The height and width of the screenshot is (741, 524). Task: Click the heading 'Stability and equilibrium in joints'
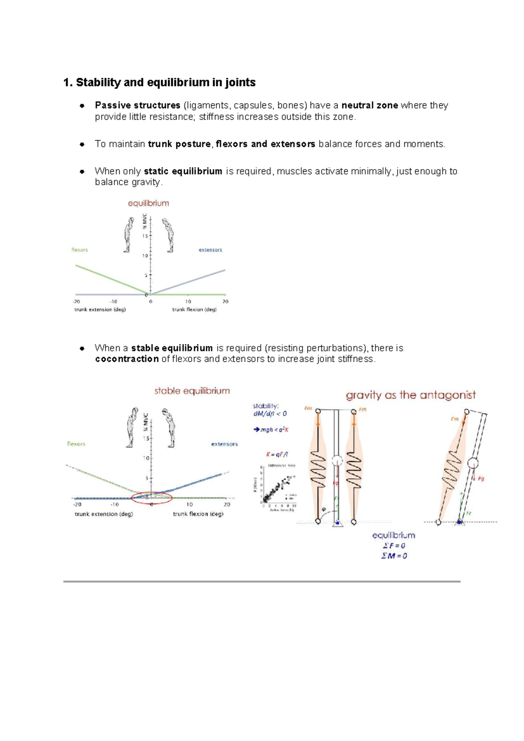(x=159, y=82)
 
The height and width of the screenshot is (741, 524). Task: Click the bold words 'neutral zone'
(x=369, y=105)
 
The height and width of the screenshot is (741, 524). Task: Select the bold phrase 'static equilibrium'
(x=183, y=171)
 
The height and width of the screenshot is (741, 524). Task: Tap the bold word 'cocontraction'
(x=127, y=359)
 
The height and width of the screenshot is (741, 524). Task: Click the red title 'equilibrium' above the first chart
(x=148, y=203)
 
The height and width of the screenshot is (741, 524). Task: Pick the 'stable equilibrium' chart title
(x=192, y=391)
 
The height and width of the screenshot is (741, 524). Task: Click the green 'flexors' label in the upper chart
(x=79, y=250)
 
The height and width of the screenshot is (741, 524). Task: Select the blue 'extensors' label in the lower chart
(x=224, y=444)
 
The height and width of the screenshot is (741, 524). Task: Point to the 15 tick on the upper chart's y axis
(x=145, y=236)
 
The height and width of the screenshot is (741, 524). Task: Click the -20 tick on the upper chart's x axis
(x=76, y=301)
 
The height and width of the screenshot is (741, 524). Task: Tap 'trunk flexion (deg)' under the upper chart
(x=194, y=309)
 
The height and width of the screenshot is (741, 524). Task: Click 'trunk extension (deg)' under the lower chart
(x=103, y=514)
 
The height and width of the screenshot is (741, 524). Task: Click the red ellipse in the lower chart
(x=152, y=497)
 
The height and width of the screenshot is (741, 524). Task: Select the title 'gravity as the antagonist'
(x=410, y=395)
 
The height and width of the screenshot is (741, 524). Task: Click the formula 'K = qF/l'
(x=277, y=454)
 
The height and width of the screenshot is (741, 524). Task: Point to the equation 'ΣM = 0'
(x=394, y=556)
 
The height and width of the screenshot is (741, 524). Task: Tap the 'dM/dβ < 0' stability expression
(x=270, y=414)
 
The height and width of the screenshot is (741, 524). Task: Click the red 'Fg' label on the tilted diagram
(x=481, y=479)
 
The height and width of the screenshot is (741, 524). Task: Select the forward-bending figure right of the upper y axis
(x=168, y=235)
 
